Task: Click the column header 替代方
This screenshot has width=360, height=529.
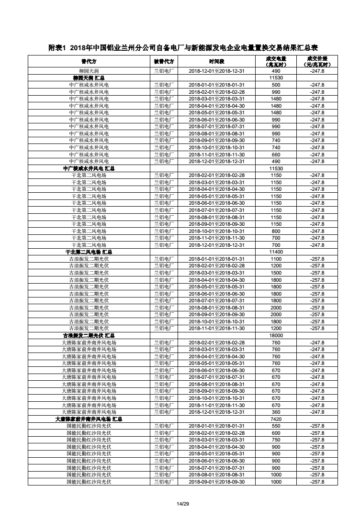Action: pyautogui.click(x=89, y=62)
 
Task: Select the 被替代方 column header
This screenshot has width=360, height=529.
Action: pyautogui.click(x=164, y=62)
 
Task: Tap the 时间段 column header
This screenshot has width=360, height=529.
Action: pyautogui.click(x=216, y=62)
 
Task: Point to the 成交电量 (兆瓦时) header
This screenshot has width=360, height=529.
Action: pyautogui.click(x=276, y=62)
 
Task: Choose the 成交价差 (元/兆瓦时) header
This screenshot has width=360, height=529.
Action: pyautogui.click(x=317, y=62)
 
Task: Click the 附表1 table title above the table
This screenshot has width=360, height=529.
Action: pyautogui.click(x=183, y=48)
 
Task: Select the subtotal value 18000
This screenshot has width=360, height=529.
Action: pyautogui.click(x=276, y=336)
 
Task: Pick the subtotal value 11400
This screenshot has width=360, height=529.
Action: pyautogui.click(x=276, y=252)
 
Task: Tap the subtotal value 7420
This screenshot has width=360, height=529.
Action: pyautogui.click(x=276, y=419)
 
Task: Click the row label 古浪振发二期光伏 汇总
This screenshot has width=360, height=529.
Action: pyautogui.click(x=89, y=336)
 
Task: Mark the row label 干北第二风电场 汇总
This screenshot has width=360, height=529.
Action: pyautogui.click(x=89, y=252)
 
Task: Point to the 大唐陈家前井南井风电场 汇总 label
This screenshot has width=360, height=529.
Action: pyautogui.click(x=89, y=419)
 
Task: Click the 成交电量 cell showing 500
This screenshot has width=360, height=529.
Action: pyautogui.click(x=276, y=85)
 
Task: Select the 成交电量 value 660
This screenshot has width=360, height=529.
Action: pyautogui.click(x=276, y=154)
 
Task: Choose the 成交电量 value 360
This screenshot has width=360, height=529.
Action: pyautogui.click(x=276, y=412)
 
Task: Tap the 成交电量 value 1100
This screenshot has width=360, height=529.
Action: pyautogui.click(x=276, y=259)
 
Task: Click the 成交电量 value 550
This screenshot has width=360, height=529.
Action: pyautogui.click(x=276, y=426)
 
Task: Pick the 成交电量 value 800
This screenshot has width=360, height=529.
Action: pyautogui.click(x=276, y=231)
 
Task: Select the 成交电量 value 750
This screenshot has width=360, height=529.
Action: pyautogui.click(x=276, y=440)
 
